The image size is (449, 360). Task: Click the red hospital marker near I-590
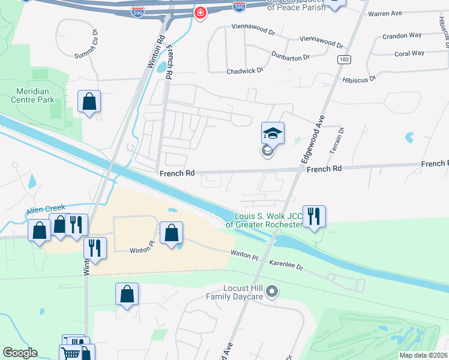click(x=200, y=13)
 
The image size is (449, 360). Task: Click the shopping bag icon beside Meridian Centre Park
click(x=89, y=102)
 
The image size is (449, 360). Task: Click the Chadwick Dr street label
click(x=245, y=71)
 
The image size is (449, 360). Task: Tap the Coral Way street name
click(x=410, y=53)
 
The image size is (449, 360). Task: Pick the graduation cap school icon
click(x=273, y=133)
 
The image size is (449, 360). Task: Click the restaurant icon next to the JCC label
click(x=314, y=216)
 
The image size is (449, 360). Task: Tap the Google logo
click(x=20, y=353)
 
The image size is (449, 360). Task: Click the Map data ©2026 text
click(x=424, y=355)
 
